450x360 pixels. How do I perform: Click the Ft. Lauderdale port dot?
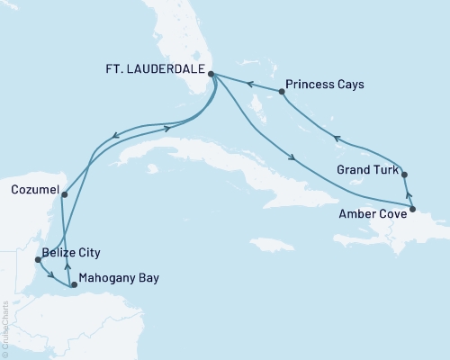click(x=211, y=75)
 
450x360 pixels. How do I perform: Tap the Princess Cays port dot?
click(x=282, y=91)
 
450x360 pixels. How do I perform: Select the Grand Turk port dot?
click(x=404, y=175)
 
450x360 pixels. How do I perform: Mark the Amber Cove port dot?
click(x=412, y=211)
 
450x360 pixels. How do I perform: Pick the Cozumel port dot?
click(x=65, y=191)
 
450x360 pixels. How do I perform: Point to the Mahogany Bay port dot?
click(x=74, y=284)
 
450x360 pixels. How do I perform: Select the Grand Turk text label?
click(x=364, y=168)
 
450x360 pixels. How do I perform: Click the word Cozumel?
click(x=35, y=191)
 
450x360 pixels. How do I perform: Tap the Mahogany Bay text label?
click(x=119, y=278)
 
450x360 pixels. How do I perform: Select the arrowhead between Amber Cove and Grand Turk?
click(x=409, y=194)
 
